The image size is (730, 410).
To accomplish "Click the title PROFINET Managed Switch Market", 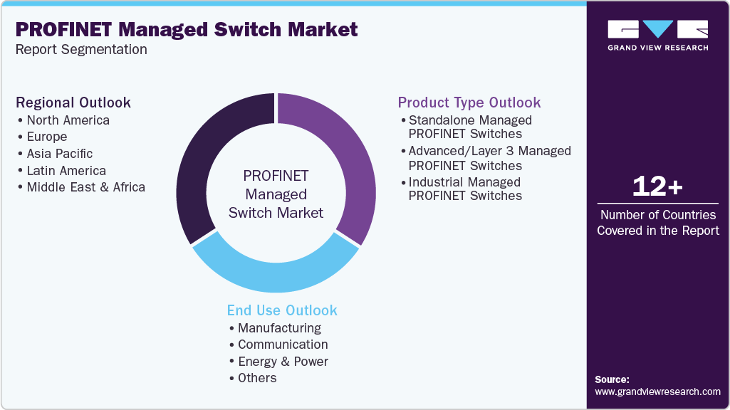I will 187,30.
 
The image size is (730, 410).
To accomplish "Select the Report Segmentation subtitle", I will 81,50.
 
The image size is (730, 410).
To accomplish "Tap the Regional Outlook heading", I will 73,102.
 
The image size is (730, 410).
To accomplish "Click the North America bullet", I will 68,120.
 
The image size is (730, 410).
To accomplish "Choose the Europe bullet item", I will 46,137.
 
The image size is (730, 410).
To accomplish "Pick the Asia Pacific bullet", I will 59,154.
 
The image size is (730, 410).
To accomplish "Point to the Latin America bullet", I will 66,171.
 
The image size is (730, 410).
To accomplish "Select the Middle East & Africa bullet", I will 85,187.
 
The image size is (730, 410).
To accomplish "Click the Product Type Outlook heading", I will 469,102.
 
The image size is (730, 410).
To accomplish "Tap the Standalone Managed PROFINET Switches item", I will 470,127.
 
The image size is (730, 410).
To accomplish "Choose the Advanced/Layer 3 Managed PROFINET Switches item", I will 489,158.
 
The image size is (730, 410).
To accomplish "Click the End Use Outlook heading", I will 282,310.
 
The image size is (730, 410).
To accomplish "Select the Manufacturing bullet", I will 278,328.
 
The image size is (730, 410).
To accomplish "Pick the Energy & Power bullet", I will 282,362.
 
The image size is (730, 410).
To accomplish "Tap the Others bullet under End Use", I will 256,378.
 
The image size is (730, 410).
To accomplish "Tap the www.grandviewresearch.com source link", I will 657,391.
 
